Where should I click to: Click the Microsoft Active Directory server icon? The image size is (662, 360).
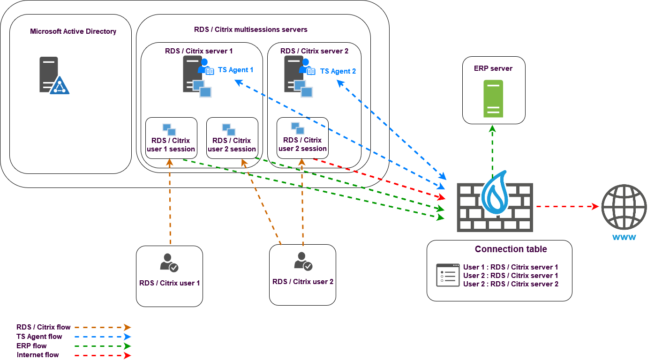(53, 75)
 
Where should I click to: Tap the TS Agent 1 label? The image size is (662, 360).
(235, 70)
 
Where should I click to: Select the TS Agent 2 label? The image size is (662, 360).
(338, 71)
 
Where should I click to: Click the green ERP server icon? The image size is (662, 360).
(493, 98)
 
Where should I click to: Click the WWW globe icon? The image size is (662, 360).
(624, 207)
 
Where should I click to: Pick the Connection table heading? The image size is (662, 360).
(511, 249)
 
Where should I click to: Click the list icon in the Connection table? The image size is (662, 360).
(448, 275)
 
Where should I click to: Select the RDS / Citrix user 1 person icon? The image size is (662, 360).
(169, 263)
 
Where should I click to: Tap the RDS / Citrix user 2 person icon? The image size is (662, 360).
(303, 262)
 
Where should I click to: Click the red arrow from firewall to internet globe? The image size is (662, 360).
(567, 206)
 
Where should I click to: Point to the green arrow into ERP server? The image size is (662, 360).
(492, 150)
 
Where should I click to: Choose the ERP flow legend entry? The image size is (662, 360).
(31, 346)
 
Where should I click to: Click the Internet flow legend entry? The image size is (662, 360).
(38, 355)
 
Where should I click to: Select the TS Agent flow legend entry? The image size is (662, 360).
(39, 337)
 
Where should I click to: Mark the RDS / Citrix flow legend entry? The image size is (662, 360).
(43, 327)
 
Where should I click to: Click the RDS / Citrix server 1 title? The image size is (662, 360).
(198, 51)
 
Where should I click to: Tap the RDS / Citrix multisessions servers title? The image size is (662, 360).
(250, 30)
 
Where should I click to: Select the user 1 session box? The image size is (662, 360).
(171, 138)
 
